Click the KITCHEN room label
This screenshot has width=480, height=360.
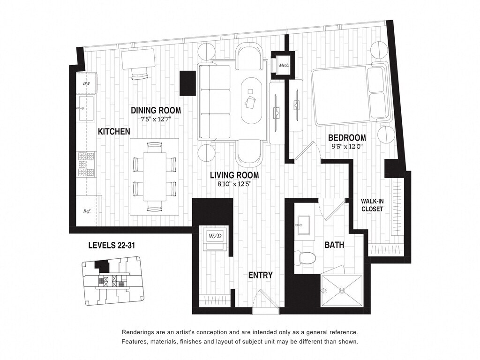coord(113,132)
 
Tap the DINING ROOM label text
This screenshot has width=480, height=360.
coord(156,110)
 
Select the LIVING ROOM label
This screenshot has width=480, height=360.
coord(234,175)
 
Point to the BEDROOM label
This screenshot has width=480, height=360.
coord(347,138)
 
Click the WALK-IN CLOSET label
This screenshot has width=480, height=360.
coord(372,205)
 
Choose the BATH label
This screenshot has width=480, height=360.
coord(334,245)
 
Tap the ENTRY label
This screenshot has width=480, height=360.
coord(261,275)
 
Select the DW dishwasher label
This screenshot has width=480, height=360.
coord(86,83)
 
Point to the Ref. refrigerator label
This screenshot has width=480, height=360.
coord(87,211)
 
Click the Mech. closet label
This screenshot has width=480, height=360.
coord(283,65)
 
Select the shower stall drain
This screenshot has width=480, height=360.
coord(342,291)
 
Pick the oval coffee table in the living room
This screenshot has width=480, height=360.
coord(253,100)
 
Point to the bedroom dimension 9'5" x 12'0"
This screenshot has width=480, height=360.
coord(347,146)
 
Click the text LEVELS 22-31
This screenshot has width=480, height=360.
coord(112,245)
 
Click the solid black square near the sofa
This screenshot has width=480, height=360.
coord(187,83)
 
